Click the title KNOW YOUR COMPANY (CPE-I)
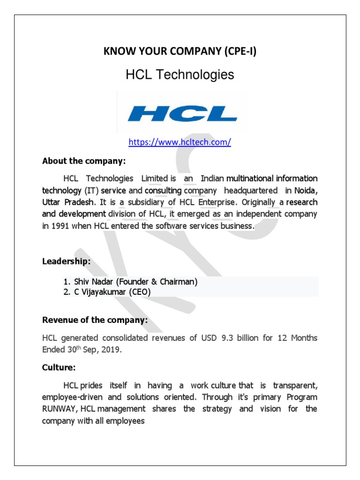(180, 52)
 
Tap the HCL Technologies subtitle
(180, 75)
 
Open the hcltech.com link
(180, 142)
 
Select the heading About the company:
(84, 161)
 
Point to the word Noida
(305, 191)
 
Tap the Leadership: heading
(66, 262)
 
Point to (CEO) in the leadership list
(141, 292)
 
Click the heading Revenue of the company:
(95, 321)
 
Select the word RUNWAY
(60, 409)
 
